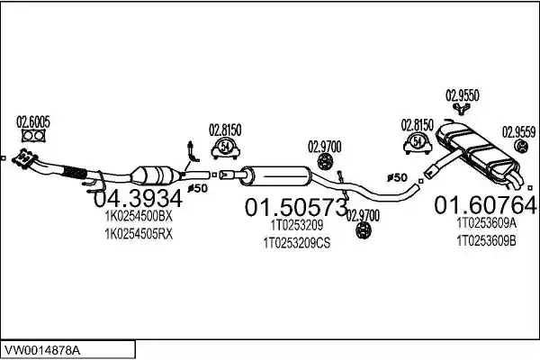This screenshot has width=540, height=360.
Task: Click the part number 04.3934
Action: [x=138, y=199]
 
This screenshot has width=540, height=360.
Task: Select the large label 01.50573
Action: [x=296, y=207]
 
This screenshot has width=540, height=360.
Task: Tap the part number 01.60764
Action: [x=485, y=205]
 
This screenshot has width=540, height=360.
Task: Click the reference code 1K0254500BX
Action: [x=138, y=216]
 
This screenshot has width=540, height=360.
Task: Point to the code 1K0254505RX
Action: [x=138, y=234]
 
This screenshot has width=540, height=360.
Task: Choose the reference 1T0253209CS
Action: [x=296, y=243]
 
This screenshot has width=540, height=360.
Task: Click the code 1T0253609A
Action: [x=486, y=223]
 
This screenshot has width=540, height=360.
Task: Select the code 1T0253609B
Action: [x=486, y=241]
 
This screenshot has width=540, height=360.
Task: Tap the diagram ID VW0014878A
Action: [x=41, y=351]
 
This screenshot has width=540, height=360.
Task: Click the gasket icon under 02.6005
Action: [x=33, y=135]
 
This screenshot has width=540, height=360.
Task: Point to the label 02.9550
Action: [x=463, y=95]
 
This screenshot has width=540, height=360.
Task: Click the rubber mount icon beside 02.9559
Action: [x=521, y=146]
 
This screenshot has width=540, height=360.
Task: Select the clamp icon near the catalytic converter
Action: [x=225, y=148]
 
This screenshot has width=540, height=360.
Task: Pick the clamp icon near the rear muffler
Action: [x=418, y=142]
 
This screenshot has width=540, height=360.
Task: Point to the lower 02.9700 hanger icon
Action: [x=363, y=229]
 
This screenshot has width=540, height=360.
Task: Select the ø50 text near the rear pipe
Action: [x=397, y=178]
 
